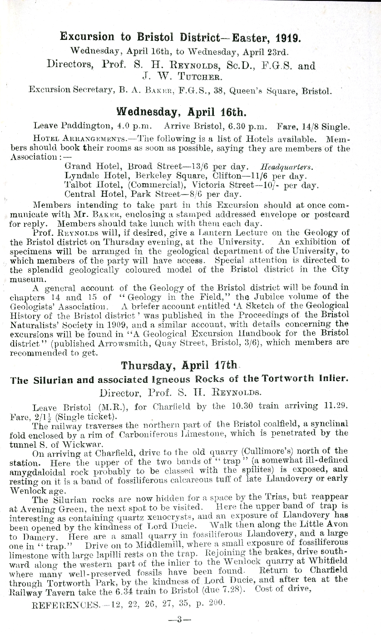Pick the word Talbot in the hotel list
coord(78,185)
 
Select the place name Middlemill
coord(156,542)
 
